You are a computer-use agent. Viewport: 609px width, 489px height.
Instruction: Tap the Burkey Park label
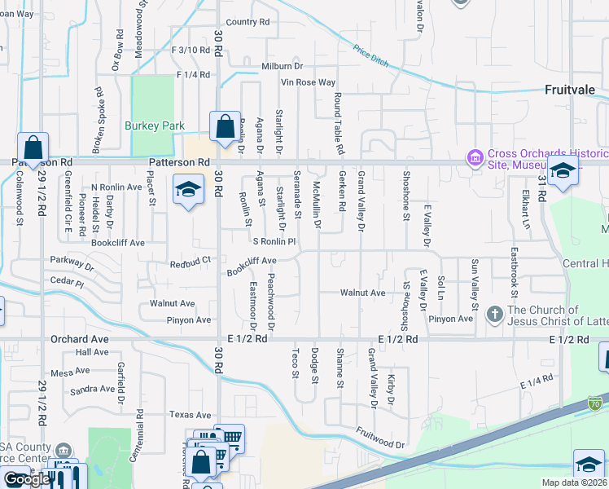coord(150,126)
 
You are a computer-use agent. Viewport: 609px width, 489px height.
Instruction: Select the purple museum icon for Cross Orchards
coord(475,156)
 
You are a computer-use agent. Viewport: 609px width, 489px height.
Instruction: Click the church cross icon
coord(493,313)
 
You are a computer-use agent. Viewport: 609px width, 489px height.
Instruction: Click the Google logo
coord(27,479)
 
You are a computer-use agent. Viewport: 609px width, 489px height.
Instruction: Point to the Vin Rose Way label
coord(308,82)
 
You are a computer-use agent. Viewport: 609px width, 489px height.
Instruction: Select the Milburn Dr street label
coord(282,66)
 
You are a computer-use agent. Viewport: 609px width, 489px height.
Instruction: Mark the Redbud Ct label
coord(191,262)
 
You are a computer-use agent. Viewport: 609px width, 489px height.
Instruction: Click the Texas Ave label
coord(191,415)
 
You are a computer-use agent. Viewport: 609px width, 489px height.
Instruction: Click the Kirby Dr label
coord(392,391)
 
